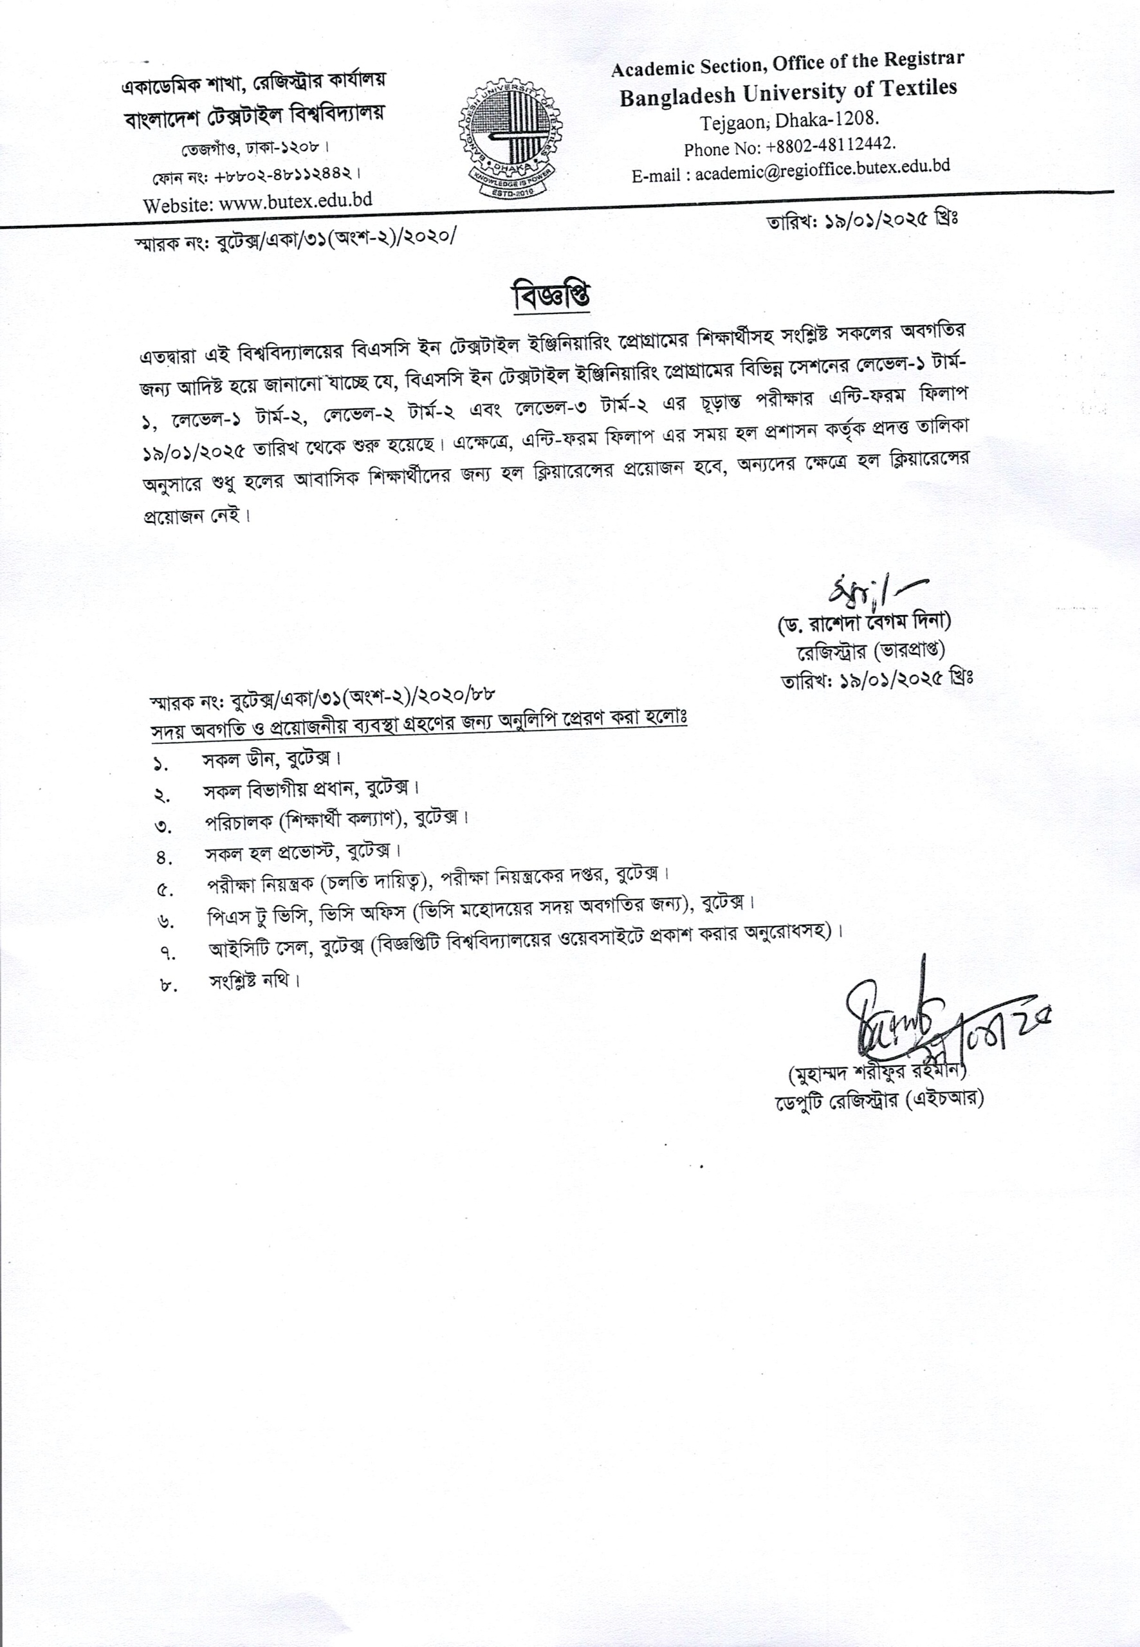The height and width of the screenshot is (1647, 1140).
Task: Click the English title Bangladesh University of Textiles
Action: (788, 92)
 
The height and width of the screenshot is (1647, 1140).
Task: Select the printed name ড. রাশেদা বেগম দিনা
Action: (863, 623)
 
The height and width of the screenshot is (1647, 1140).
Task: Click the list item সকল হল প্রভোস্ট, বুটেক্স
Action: (303, 852)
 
